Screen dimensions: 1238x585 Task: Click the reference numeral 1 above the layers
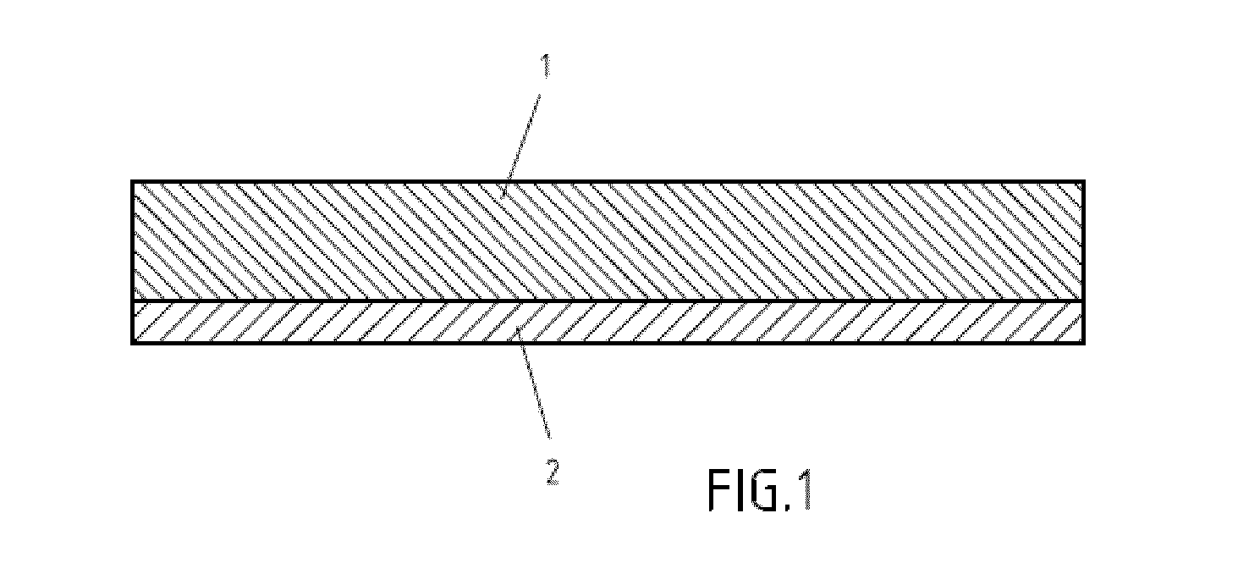coord(546,65)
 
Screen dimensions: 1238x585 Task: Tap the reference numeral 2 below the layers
coord(552,472)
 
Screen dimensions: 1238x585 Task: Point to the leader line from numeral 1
coord(521,146)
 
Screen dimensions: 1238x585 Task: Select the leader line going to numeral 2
coord(533,384)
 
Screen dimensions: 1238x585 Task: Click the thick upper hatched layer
coord(608,241)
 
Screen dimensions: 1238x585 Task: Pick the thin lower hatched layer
coord(608,323)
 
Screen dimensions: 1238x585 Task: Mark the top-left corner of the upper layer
coord(132,181)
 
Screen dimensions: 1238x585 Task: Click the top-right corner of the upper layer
coord(1084,181)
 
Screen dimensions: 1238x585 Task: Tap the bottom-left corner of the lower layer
coord(132,344)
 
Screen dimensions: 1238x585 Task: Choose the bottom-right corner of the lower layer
coord(1084,344)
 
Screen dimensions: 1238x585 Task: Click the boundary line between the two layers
coord(608,301)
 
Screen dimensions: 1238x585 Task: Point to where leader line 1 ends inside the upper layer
coord(502,197)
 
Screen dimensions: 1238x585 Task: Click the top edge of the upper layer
coord(608,181)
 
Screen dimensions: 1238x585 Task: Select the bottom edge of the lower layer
coord(608,344)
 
